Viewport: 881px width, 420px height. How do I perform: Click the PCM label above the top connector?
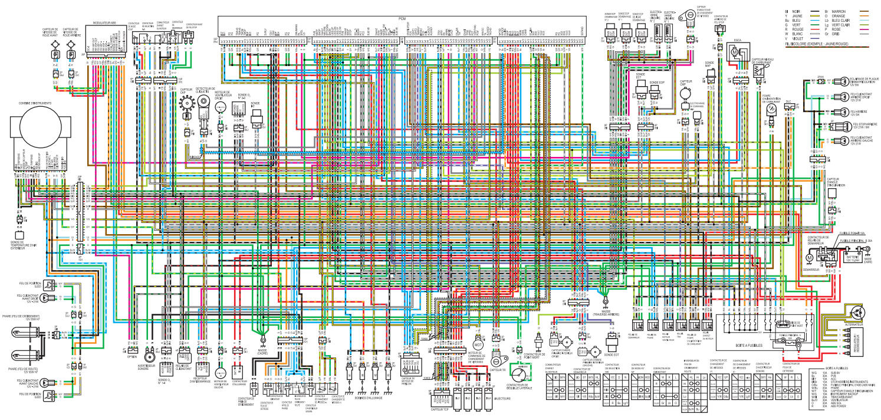tap(402, 19)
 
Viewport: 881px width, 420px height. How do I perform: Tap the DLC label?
tap(788, 102)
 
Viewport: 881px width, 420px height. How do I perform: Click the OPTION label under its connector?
tap(132, 357)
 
